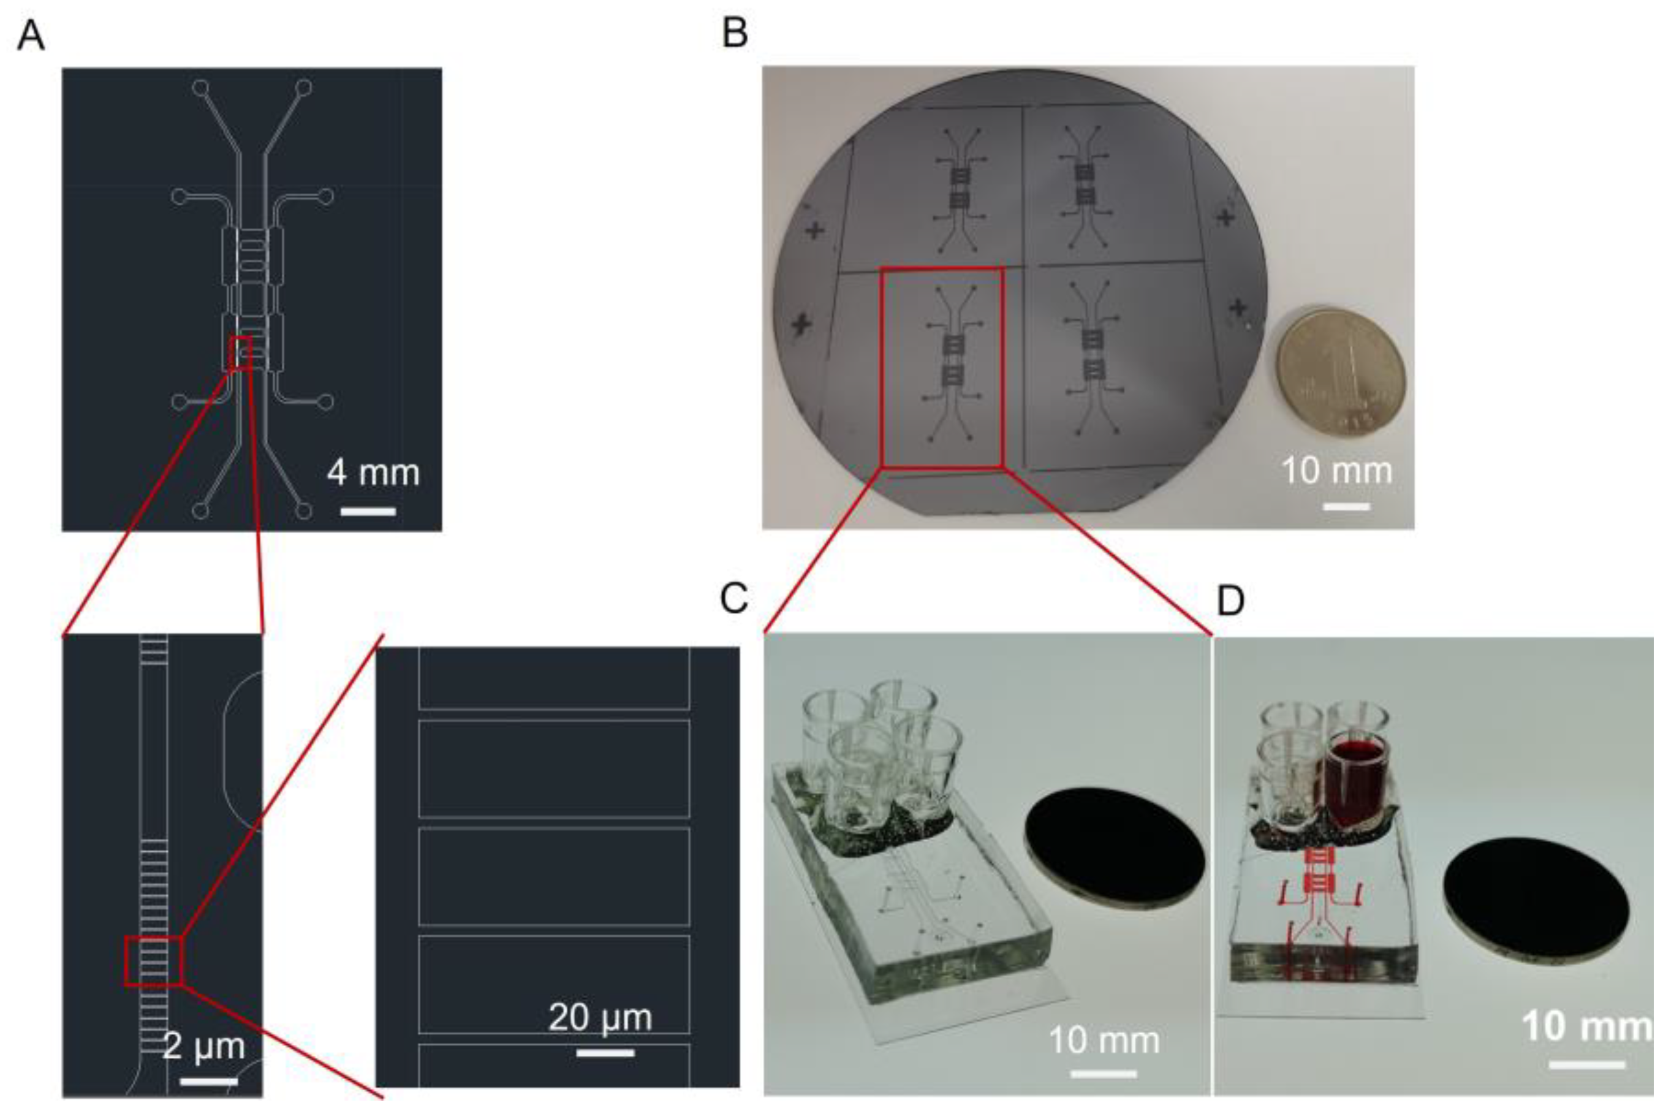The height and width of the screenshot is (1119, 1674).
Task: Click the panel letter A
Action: point(31,36)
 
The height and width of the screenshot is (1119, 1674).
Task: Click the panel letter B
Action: point(735,34)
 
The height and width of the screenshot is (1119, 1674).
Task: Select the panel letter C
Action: point(734,599)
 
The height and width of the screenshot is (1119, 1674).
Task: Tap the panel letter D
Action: point(1231,602)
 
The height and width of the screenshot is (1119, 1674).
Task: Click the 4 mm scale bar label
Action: point(373,473)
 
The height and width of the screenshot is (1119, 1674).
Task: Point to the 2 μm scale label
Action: point(204,1046)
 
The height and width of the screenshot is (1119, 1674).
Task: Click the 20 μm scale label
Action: point(600,1018)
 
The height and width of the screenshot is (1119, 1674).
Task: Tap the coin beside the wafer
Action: point(1339,371)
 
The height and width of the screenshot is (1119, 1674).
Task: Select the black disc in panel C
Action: point(1115,847)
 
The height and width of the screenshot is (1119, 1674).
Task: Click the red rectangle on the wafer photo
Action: point(942,368)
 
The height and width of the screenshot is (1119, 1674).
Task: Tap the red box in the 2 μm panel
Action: point(153,962)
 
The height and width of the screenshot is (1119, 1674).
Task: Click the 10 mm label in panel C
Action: point(1104,1041)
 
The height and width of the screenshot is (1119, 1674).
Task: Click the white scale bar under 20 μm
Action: point(605,1053)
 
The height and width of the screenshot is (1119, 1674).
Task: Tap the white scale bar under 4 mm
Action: point(368,511)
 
